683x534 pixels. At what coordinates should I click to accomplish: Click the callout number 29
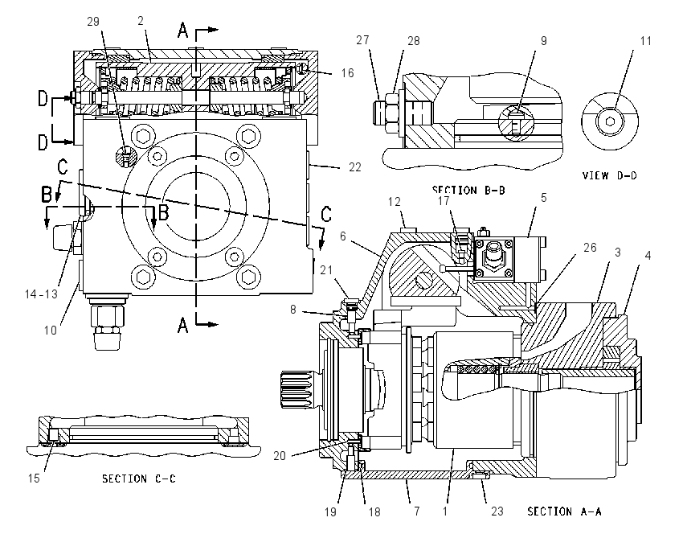point(93,22)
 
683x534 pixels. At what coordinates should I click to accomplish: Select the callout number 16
point(347,73)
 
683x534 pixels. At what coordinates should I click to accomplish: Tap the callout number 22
point(355,167)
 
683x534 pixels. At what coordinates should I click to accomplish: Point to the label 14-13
point(41,294)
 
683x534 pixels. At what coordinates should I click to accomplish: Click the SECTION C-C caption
point(139,479)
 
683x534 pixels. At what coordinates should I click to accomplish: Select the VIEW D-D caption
point(609,175)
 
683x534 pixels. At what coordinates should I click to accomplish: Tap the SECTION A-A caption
point(564,511)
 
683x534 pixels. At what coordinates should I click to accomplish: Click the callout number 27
point(362,40)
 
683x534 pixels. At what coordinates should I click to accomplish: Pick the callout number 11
point(645,41)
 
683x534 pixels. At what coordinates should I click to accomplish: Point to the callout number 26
point(590,248)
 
